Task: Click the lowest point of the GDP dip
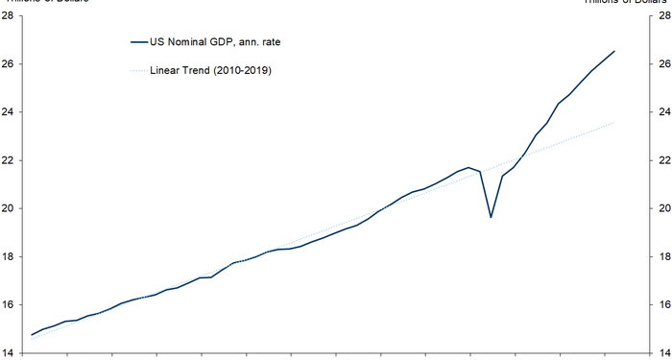point(491,217)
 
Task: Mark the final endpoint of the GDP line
point(614,51)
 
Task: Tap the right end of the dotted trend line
point(614,122)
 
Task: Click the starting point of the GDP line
point(33,334)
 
